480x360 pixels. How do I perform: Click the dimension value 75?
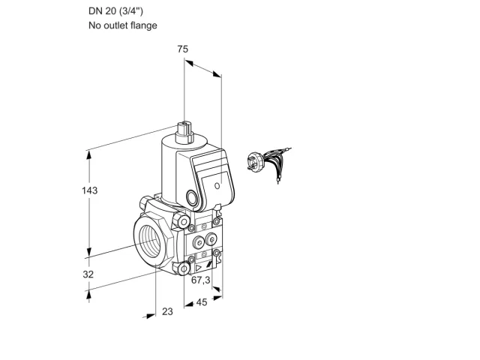coord(183,49)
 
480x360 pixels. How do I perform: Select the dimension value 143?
coord(89,190)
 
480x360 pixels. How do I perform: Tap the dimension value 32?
coord(88,274)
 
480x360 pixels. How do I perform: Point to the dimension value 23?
coord(167,312)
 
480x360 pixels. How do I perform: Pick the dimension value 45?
coord(202,302)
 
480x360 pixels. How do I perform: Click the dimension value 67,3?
coord(201,280)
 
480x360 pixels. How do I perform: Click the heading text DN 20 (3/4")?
coord(115,11)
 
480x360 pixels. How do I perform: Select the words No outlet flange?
coord(123,25)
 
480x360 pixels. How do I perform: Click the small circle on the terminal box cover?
coord(217,186)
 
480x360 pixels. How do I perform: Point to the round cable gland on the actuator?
coord(193,197)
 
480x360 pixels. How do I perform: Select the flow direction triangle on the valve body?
coord(198,268)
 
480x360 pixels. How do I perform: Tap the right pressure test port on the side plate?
coord(211,239)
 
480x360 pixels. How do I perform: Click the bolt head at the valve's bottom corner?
coord(184,269)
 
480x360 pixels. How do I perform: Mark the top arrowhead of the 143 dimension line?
coord(89,155)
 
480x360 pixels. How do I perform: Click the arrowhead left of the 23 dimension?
coord(150,316)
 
